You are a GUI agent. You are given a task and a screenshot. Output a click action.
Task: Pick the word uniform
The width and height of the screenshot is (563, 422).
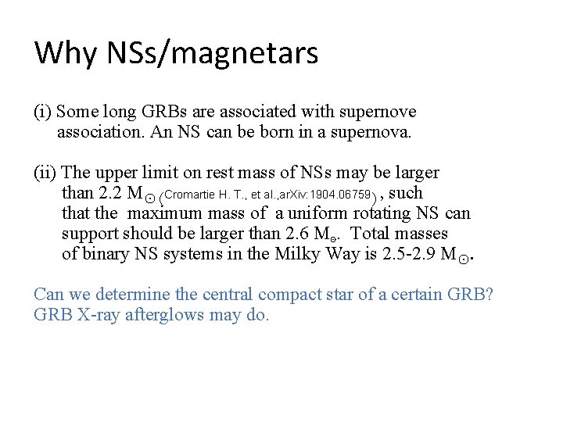(317, 213)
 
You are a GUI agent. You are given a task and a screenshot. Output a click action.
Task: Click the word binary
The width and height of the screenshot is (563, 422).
(103, 253)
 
